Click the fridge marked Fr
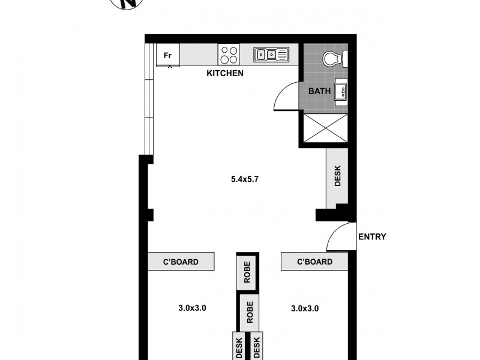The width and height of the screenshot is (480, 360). pos(168,56)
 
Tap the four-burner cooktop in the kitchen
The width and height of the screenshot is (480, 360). pos(229,55)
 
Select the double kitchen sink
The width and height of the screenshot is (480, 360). pos(271,55)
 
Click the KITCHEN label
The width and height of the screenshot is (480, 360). pos(225,74)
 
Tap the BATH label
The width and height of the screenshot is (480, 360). pos(319,92)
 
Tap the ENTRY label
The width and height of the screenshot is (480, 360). pos(372,236)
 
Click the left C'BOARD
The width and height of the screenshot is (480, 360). pos(181,262)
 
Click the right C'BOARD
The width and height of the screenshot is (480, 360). pos(315,262)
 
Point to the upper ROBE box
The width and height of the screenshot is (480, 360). pos(247,272)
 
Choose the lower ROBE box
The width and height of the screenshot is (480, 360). pos(250,310)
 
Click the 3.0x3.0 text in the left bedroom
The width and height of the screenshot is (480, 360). pos(192,308)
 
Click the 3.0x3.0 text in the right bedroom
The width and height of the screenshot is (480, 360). pos(304,308)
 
